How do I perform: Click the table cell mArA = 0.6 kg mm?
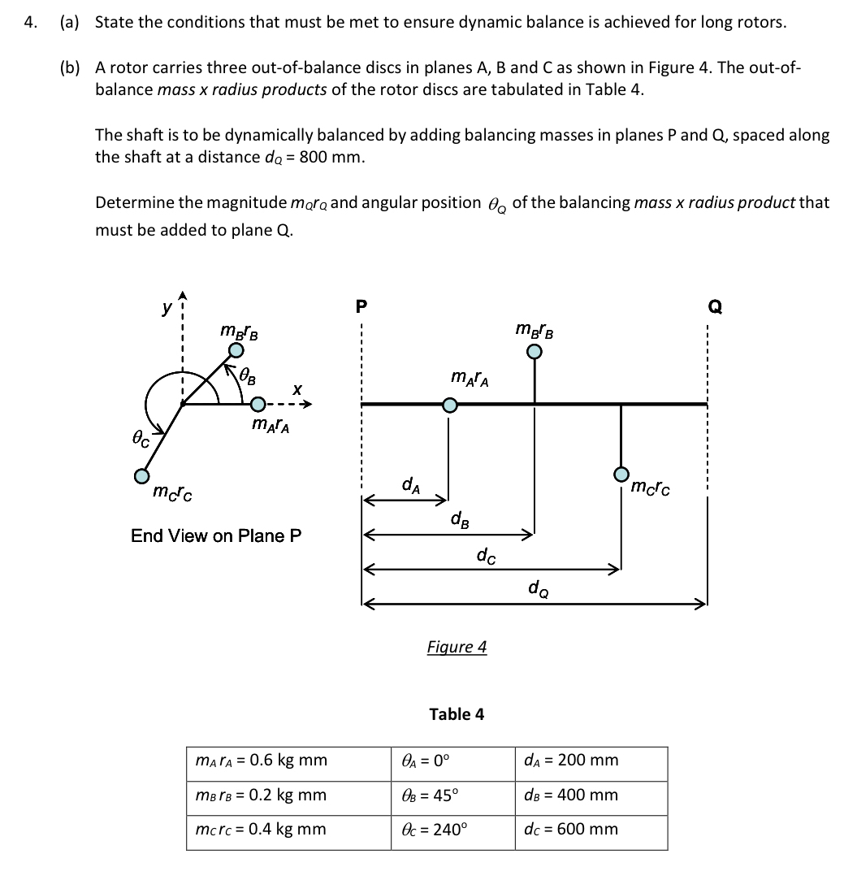262,761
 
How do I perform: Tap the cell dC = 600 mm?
571,830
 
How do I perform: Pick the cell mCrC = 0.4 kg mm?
262,830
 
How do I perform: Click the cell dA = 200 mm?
571,761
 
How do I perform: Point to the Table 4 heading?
457,714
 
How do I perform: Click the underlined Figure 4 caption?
457,647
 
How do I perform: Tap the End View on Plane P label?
216,535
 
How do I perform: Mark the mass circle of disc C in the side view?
621,473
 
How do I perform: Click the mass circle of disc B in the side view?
534,352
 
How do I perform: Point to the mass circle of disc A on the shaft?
448,405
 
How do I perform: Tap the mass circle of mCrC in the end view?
142,475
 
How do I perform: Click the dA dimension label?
410,485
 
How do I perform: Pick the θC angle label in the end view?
141,439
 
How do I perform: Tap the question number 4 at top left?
30,22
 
